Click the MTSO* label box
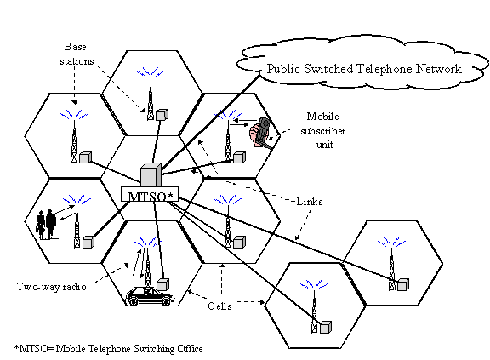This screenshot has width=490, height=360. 150,194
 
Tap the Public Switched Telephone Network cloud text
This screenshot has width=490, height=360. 364,69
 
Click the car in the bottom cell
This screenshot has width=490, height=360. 150,295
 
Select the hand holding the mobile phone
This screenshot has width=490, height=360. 260,132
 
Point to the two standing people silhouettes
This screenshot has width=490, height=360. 46,225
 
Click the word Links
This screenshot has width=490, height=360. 310,202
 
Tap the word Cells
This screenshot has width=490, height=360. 220,306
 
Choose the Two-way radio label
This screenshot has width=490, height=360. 52,287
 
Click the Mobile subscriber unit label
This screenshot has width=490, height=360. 323,130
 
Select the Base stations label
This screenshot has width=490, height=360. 77,54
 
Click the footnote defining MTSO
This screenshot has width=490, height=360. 108,349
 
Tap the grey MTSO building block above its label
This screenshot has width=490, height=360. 151,175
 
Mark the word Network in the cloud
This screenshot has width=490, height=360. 439,69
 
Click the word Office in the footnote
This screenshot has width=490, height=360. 191,349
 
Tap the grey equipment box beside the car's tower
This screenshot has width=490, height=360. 162,285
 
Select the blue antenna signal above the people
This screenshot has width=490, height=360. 77,199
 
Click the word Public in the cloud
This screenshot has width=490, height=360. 283,69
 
